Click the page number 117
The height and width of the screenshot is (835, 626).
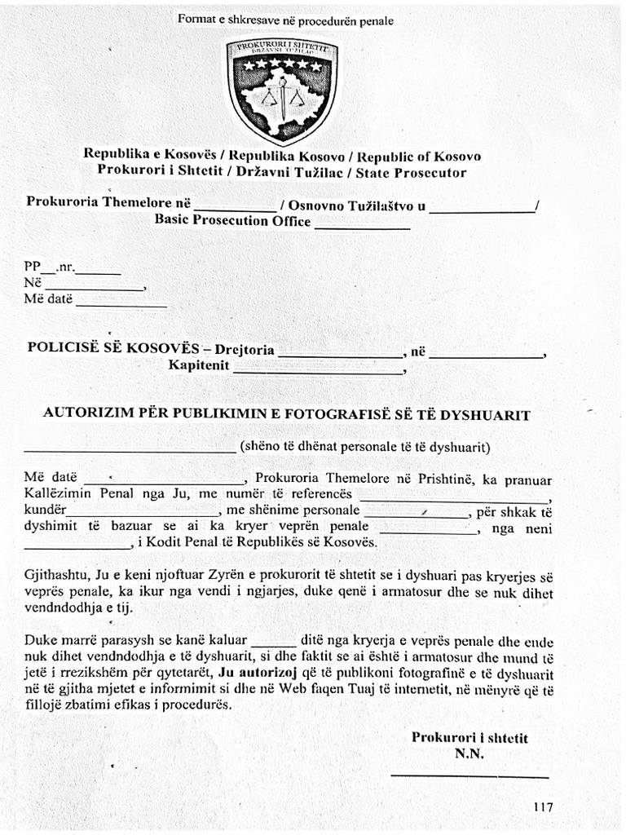(x=543, y=806)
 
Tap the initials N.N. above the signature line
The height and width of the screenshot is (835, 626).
(x=469, y=754)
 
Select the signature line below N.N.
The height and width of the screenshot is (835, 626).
(x=469, y=775)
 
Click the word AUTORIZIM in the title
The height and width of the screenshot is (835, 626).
(x=82, y=414)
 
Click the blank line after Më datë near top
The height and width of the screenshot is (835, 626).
(x=121, y=305)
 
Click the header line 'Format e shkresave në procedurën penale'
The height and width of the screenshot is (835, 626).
(x=285, y=20)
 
